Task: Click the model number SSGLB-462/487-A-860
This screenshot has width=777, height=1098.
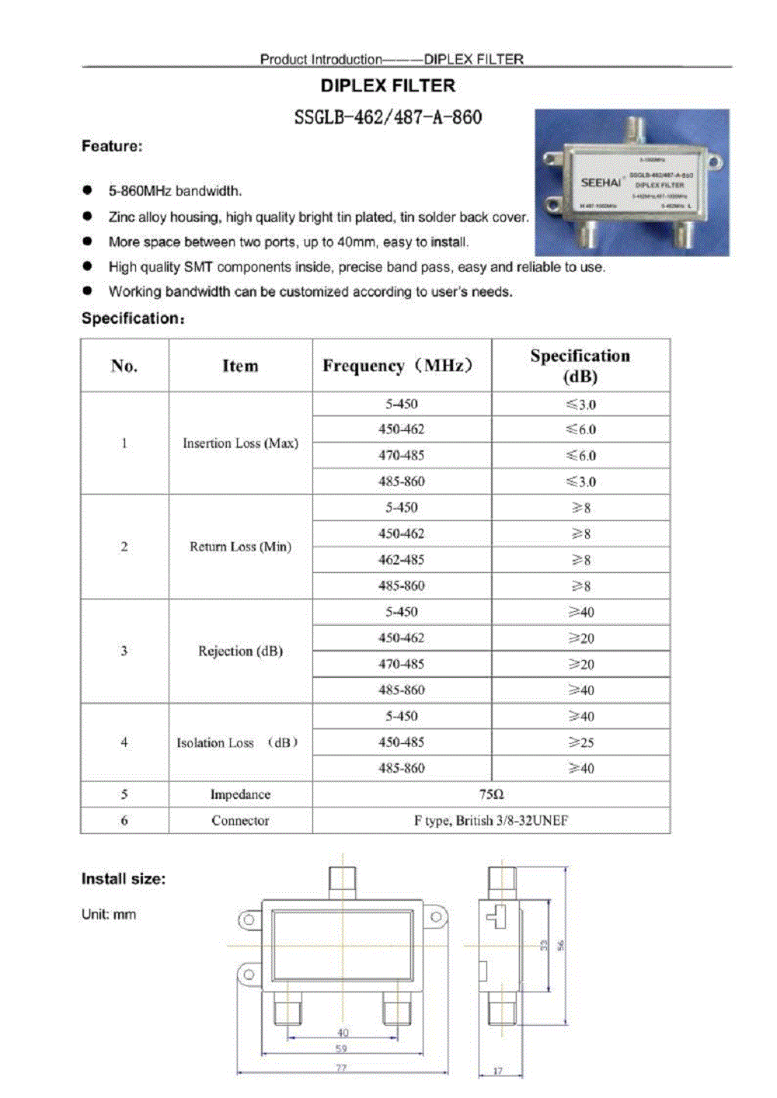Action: point(388,117)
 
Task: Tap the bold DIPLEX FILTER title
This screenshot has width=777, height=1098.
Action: point(388,85)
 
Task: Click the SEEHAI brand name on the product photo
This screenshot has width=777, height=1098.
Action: point(601,182)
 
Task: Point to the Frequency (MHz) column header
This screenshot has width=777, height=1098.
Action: point(398,366)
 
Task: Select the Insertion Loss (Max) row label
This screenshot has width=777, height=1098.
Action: point(240,443)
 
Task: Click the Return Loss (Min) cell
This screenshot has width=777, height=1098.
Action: point(240,547)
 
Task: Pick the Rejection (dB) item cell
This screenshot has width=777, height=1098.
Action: point(240,651)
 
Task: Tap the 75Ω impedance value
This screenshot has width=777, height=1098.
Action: point(491,794)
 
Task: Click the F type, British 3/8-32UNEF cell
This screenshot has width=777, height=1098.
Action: point(491,821)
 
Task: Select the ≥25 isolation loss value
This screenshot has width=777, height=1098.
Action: point(580,742)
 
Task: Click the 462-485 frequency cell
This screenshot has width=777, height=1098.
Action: point(401,560)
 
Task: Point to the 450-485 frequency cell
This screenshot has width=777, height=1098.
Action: point(401,742)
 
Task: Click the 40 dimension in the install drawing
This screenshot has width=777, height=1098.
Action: point(343,1033)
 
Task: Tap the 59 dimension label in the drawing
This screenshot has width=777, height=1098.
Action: point(341,1048)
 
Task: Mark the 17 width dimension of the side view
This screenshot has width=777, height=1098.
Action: point(497,1071)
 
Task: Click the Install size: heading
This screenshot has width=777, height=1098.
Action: point(124,879)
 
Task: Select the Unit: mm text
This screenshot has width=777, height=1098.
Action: point(109,915)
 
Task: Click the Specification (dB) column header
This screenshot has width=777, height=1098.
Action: point(580,366)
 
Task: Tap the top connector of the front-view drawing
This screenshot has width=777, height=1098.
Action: point(342,880)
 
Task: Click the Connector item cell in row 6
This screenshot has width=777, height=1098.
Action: point(240,821)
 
